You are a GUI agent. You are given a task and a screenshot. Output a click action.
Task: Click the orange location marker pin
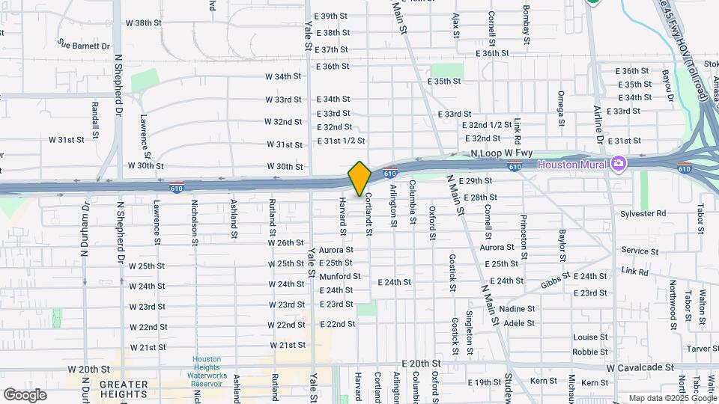click(359, 178)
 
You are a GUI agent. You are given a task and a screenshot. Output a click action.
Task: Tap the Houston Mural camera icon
click(619, 163)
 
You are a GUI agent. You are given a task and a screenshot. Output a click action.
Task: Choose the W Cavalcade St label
click(641, 368)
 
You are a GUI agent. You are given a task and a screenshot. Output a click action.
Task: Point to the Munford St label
click(340, 276)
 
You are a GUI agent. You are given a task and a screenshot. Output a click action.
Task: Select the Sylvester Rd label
click(643, 213)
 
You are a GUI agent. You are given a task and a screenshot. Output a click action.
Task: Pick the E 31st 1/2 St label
click(341, 141)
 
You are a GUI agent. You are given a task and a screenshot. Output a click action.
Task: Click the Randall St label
click(95, 120)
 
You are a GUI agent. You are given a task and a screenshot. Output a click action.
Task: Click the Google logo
click(25, 395)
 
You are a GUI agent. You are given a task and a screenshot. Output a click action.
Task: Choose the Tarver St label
click(703, 348)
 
